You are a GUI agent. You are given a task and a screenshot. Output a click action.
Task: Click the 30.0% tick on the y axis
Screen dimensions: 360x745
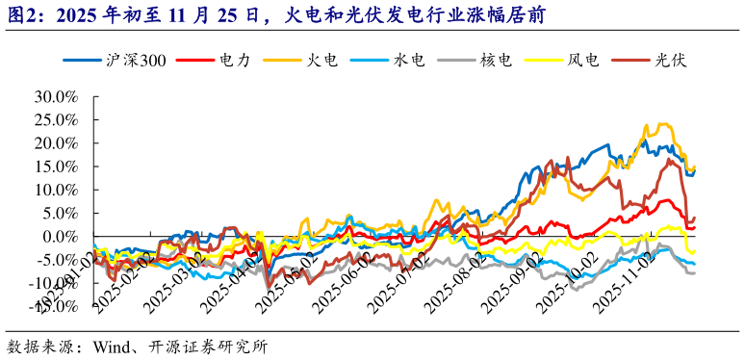click(x=55, y=97)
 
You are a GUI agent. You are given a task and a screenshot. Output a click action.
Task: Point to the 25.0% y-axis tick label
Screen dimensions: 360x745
click(x=55, y=120)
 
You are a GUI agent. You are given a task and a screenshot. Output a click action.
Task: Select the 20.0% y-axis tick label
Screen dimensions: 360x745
click(x=55, y=143)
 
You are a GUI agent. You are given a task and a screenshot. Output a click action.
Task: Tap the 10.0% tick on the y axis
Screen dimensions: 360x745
click(x=55, y=190)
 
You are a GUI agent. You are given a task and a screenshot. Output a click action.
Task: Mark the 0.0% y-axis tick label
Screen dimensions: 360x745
click(x=59, y=236)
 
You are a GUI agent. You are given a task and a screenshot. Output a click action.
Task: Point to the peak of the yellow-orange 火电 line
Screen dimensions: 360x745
click(x=664, y=124)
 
